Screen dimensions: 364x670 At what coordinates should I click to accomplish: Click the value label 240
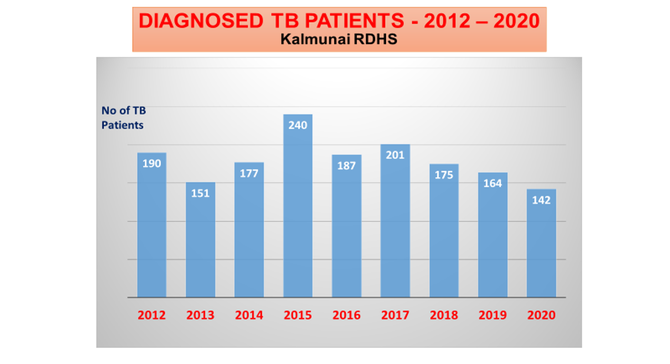coord(298,125)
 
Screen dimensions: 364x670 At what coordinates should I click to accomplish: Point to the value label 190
coord(151,163)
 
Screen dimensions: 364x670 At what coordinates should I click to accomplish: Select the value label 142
coord(541,200)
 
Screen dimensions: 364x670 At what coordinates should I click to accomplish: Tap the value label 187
coord(347,166)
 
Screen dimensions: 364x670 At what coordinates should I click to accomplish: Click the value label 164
coord(493,183)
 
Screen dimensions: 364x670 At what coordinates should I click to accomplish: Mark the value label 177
coord(249,173)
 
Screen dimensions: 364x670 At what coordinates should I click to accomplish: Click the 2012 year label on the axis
coord(151,315)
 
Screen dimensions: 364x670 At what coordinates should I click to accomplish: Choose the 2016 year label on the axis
coord(347,315)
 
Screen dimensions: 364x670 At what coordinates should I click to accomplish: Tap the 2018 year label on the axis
coord(444,315)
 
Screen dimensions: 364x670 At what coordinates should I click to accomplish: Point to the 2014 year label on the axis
coord(249,315)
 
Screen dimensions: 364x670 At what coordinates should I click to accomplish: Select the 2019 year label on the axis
coord(493,315)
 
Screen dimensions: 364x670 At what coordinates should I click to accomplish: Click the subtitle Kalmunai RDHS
coord(339,39)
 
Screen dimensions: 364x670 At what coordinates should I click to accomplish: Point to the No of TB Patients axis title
coord(123,118)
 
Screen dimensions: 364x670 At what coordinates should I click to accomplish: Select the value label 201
coord(395,155)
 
